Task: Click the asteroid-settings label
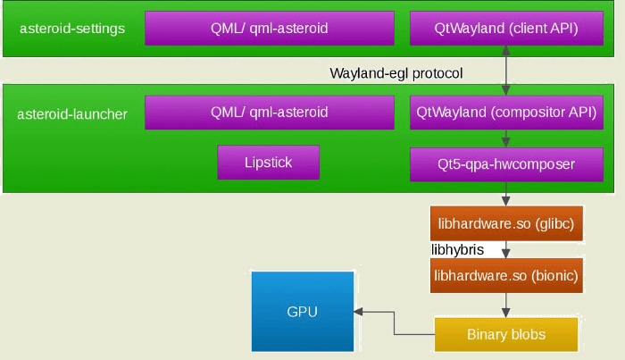point(71,29)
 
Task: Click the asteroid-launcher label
point(72,113)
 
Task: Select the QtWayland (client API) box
point(506,29)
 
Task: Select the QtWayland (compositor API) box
point(506,113)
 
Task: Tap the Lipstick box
point(268,163)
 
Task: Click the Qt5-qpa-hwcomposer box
point(506,164)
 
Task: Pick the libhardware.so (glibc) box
point(507,223)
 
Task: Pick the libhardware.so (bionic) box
point(507,277)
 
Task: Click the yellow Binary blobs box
point(506,335)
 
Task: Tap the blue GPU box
point(302,312)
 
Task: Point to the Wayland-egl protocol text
point(396,72)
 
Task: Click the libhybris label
point(458,250)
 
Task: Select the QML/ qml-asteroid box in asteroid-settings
point(269,29)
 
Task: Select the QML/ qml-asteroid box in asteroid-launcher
point(269,113)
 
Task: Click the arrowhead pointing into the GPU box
point(359,312)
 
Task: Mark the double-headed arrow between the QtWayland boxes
point(507,71)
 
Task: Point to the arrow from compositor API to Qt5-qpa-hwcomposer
point(507,138)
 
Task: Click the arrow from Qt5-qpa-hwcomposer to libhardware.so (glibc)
point(507,194)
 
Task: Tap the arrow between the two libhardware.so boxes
point(507,250)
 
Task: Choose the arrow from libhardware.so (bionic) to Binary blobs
point(507,306)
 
